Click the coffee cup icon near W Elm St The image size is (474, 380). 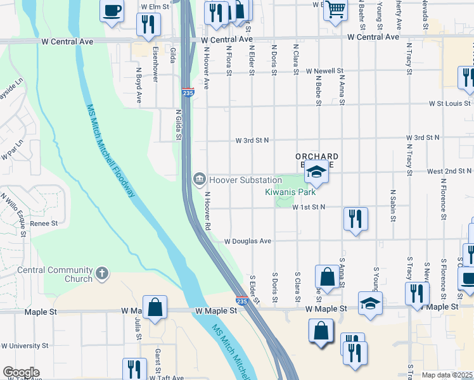pos(112,11)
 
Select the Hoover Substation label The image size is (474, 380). pos(245,180)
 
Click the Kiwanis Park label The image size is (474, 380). pos(290,192)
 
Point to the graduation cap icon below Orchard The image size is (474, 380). pos(316,172)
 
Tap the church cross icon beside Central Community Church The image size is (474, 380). pos(102,274)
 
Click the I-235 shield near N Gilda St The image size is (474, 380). pos(188,92)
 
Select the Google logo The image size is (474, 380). pos(21,372)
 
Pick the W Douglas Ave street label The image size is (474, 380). pos(248,241)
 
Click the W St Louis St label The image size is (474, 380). pos(449,103)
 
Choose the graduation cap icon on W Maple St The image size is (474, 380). pos(370,303)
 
